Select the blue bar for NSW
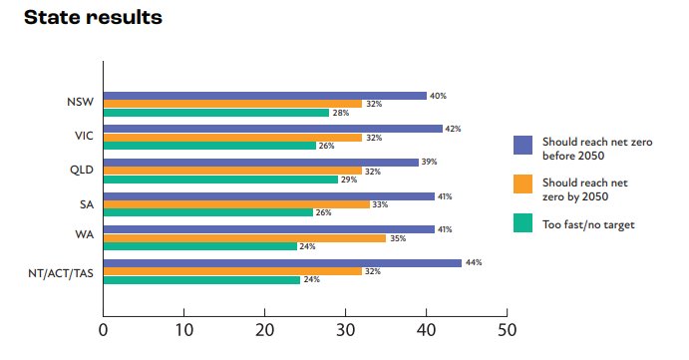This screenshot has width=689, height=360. [x=265, y=96]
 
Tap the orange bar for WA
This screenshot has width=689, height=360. [x=244, y=238]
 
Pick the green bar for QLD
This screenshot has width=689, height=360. [x=220, y=180]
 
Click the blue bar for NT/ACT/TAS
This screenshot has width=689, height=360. [x=282, y=263]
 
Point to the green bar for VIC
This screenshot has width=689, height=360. [x=209, y=146]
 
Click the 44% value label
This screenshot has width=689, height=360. [x=473, y=263]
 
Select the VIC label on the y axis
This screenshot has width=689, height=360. [x=84, y=136]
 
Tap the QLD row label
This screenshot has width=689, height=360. [x=83, y=170]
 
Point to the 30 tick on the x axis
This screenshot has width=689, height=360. [x=345, y=328]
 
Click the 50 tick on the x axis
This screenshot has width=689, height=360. [x=507, y=328]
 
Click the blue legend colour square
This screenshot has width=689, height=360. [x=522, y=145]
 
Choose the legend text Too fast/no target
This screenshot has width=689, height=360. [x=587, y=224]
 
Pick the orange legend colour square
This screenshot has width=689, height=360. [x=522, y=185]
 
